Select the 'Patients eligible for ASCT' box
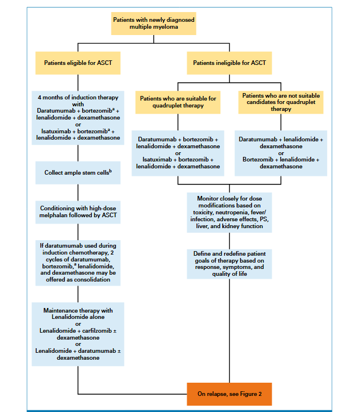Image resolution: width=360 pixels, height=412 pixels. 78,63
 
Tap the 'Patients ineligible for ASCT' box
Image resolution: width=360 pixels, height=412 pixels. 229,63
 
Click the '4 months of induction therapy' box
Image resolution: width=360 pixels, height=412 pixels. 78,118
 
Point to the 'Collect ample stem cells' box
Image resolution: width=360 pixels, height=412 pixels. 78,172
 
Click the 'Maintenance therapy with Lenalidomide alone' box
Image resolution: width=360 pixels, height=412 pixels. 78,334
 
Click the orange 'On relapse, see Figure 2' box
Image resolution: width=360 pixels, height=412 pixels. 230,394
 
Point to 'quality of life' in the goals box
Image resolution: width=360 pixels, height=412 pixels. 230,274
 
